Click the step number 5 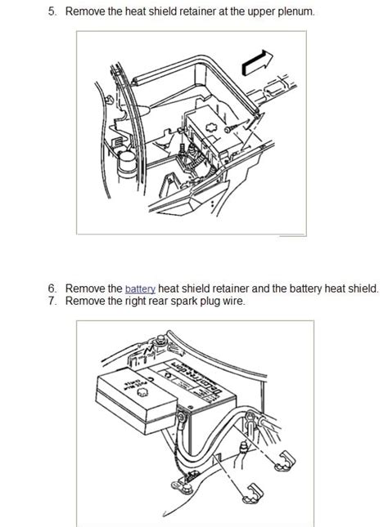click(51, 11)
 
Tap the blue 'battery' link click(140, 288)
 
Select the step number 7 click(51, 301)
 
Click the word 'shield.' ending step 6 click(361, 288)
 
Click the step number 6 click(51, 288)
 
